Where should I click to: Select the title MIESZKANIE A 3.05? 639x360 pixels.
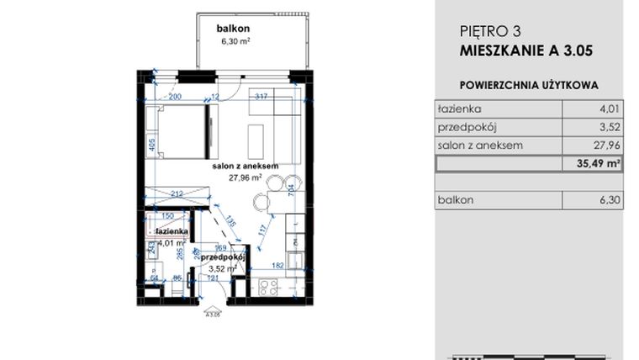point(526,50)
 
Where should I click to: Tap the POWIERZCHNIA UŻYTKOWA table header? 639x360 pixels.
point(528,85)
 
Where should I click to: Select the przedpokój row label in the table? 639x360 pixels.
point(466,127)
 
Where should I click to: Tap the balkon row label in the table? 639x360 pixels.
point(455,199)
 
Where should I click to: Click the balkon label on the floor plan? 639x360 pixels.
point(231,27)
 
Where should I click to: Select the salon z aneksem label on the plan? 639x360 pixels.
point(245,167)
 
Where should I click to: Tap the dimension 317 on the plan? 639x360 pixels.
point(261,97)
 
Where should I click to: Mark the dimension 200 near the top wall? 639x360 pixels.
point(175,97)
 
